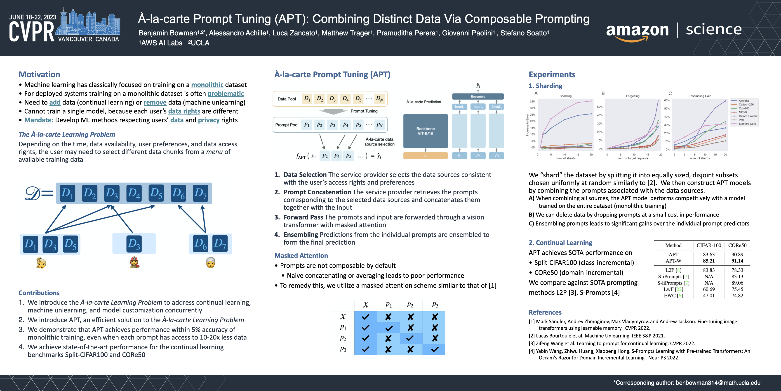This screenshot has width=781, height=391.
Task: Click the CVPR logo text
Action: tap(32, 32)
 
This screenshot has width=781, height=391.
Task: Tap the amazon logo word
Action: tap(637, 30)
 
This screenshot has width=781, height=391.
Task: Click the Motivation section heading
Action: tap(39, 74)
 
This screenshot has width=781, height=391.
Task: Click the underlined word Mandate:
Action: tap(39, 120)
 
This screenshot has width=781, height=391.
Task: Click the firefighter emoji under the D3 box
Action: tap(134, 262)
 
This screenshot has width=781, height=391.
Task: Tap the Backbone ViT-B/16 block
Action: tap(425, 131)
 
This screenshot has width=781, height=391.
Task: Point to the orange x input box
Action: tap(425, 156)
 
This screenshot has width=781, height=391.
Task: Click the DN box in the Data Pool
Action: tap(379, 99)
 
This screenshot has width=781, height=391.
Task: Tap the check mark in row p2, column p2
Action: tap(410, 338)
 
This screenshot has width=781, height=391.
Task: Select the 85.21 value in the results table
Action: tap(708, 261)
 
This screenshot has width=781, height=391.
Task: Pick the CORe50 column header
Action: tap(737, 245)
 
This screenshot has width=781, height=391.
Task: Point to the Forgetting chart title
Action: tap(633, 96)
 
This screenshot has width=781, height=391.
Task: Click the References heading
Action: tap(545, 312)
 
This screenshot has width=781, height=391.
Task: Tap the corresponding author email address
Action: tap(718, 383)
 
